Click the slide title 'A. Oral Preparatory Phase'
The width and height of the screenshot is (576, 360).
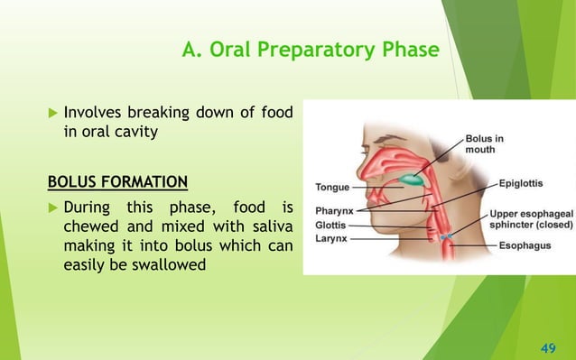310,49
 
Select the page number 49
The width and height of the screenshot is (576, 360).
545,345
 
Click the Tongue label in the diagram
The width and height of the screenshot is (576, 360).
332,189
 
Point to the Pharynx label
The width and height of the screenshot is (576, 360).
334,211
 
